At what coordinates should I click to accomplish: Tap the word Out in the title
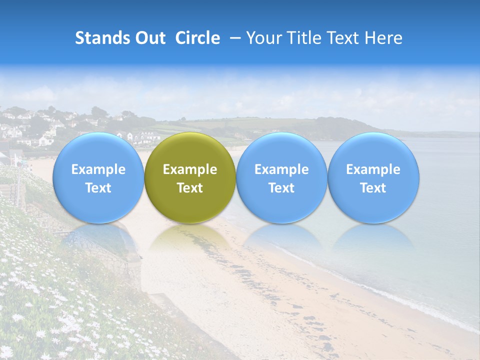coord(149,38)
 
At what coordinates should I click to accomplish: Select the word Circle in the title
coord(197,38)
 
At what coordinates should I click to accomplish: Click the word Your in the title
coord(261,38)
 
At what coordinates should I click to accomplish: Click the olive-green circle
coord(190,177)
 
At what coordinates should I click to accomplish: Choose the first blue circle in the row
coord(98,177)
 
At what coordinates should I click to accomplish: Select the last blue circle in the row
coord(373,177)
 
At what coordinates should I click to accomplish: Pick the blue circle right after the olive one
coord(281,177)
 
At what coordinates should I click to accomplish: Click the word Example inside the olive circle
coord(190,169)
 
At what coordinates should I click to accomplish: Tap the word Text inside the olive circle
coord(190,188)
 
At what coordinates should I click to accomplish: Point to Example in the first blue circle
coord(98,169)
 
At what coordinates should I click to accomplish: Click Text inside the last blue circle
coord(373,188)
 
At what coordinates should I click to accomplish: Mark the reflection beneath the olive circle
coord(190,237)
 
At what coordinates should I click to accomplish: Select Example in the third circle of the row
coord(281,169)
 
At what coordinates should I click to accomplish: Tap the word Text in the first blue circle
coord(98,188)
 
